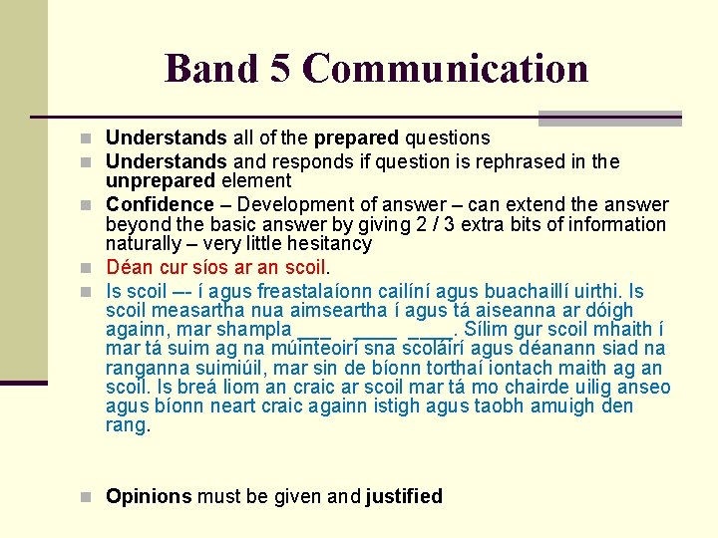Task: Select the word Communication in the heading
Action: point(445,69)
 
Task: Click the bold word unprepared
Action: point(161,181)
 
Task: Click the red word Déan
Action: point(127,268)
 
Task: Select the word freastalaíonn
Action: point(318,292)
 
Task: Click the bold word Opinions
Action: point(149,496)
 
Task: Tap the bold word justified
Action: point(404,496)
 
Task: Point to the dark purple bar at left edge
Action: point(23,383)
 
